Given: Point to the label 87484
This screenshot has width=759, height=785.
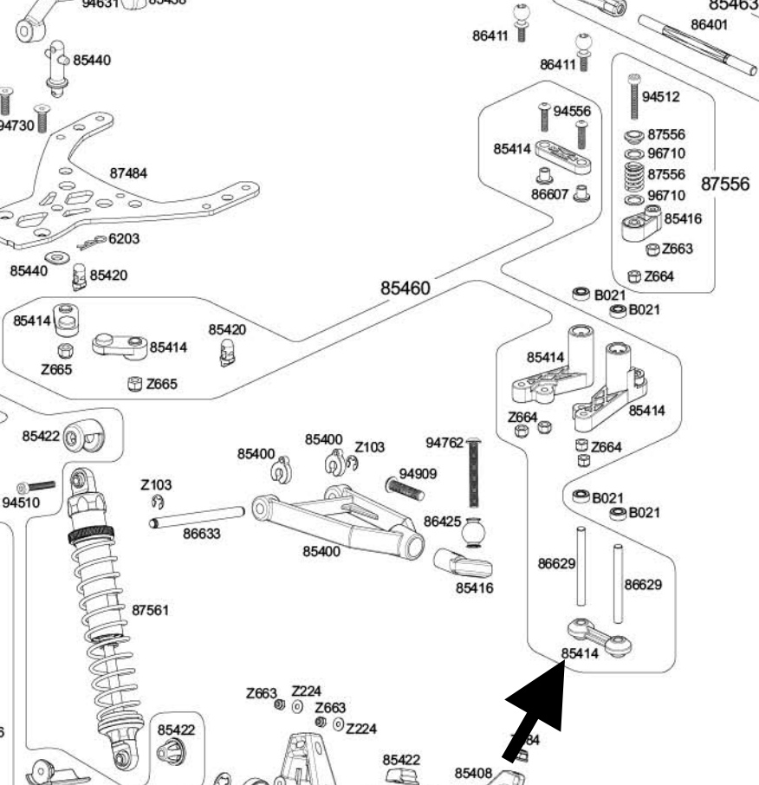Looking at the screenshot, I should [x=128, y=173].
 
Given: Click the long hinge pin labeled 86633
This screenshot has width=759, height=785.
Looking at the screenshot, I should [x=198, y=517].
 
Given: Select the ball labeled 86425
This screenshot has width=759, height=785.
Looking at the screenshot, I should [x=474, y=530].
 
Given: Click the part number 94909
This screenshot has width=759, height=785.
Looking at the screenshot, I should [x=418, y=474].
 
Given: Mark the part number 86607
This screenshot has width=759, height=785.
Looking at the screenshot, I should [x=549, y=195].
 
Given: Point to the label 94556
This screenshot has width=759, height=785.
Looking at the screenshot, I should [x=572, y=111].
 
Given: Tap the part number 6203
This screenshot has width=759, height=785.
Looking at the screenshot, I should [x=124, y=238].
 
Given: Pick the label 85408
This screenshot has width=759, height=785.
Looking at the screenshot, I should [x=473, y=772].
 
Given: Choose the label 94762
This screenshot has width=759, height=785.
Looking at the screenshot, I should [x=444, y=444].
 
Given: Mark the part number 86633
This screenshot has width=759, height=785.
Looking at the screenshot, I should [x=202, y=534].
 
